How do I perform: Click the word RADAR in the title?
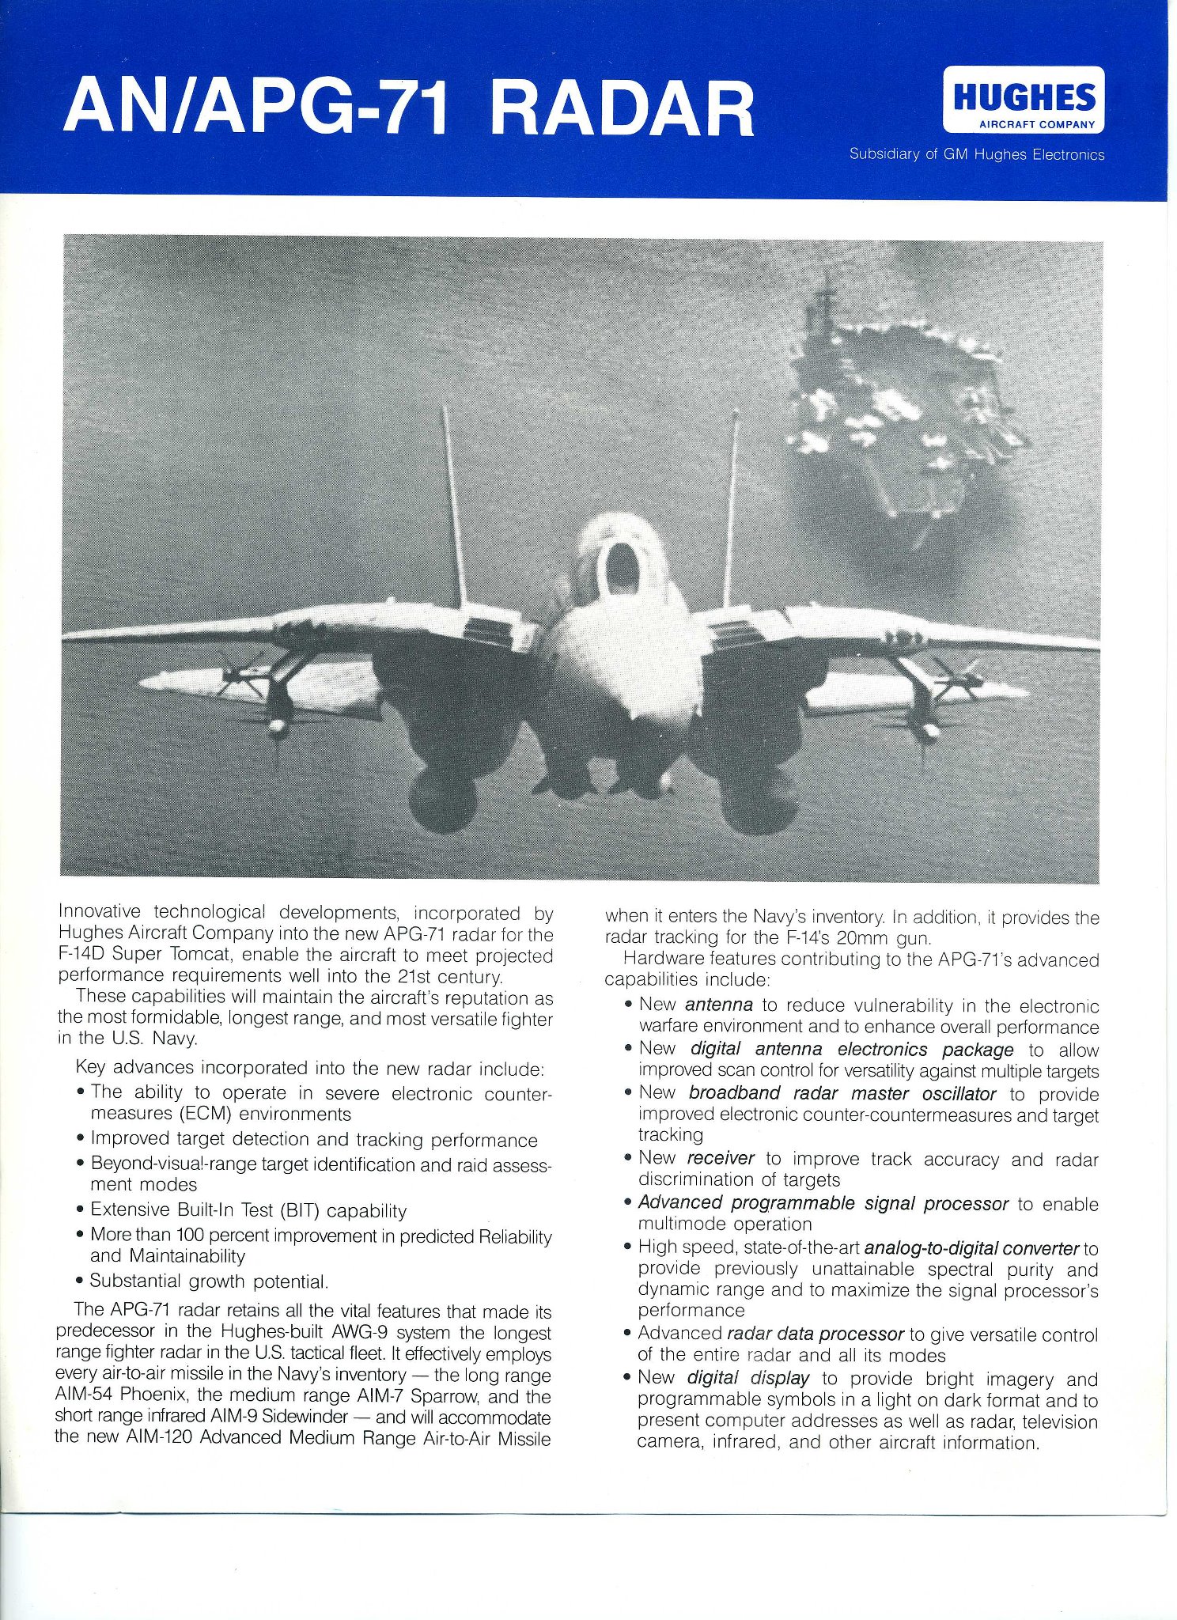tap(622, 109)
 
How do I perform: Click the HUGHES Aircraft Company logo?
tap(1024, 100)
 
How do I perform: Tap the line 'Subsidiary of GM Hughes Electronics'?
tap(976, 155)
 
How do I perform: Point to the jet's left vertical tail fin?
tap(453, 506)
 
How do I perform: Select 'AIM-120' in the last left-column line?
tap(158, 1436)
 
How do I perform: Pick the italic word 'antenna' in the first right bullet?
tap(718, 1005)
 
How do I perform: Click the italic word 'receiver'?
tap(720, 1158)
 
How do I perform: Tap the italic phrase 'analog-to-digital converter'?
tap(971, 1248)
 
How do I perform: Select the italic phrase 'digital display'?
tap(747, 1378)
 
